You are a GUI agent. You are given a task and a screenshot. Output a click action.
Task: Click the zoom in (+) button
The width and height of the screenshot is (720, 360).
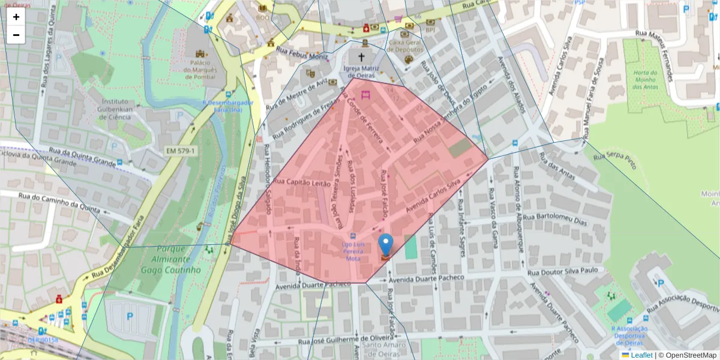(16, 17)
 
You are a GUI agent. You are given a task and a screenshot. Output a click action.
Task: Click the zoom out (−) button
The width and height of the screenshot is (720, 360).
(16, 35)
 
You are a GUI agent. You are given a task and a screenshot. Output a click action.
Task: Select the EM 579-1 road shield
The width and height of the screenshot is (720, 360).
(180, 150)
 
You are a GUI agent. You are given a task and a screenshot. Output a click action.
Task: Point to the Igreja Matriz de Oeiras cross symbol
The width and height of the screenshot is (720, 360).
(361, 58)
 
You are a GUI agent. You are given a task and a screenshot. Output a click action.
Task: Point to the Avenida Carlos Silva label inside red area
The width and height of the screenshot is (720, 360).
(432, 196)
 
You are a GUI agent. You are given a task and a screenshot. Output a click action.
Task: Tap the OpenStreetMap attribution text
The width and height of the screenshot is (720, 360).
(687, 355)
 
